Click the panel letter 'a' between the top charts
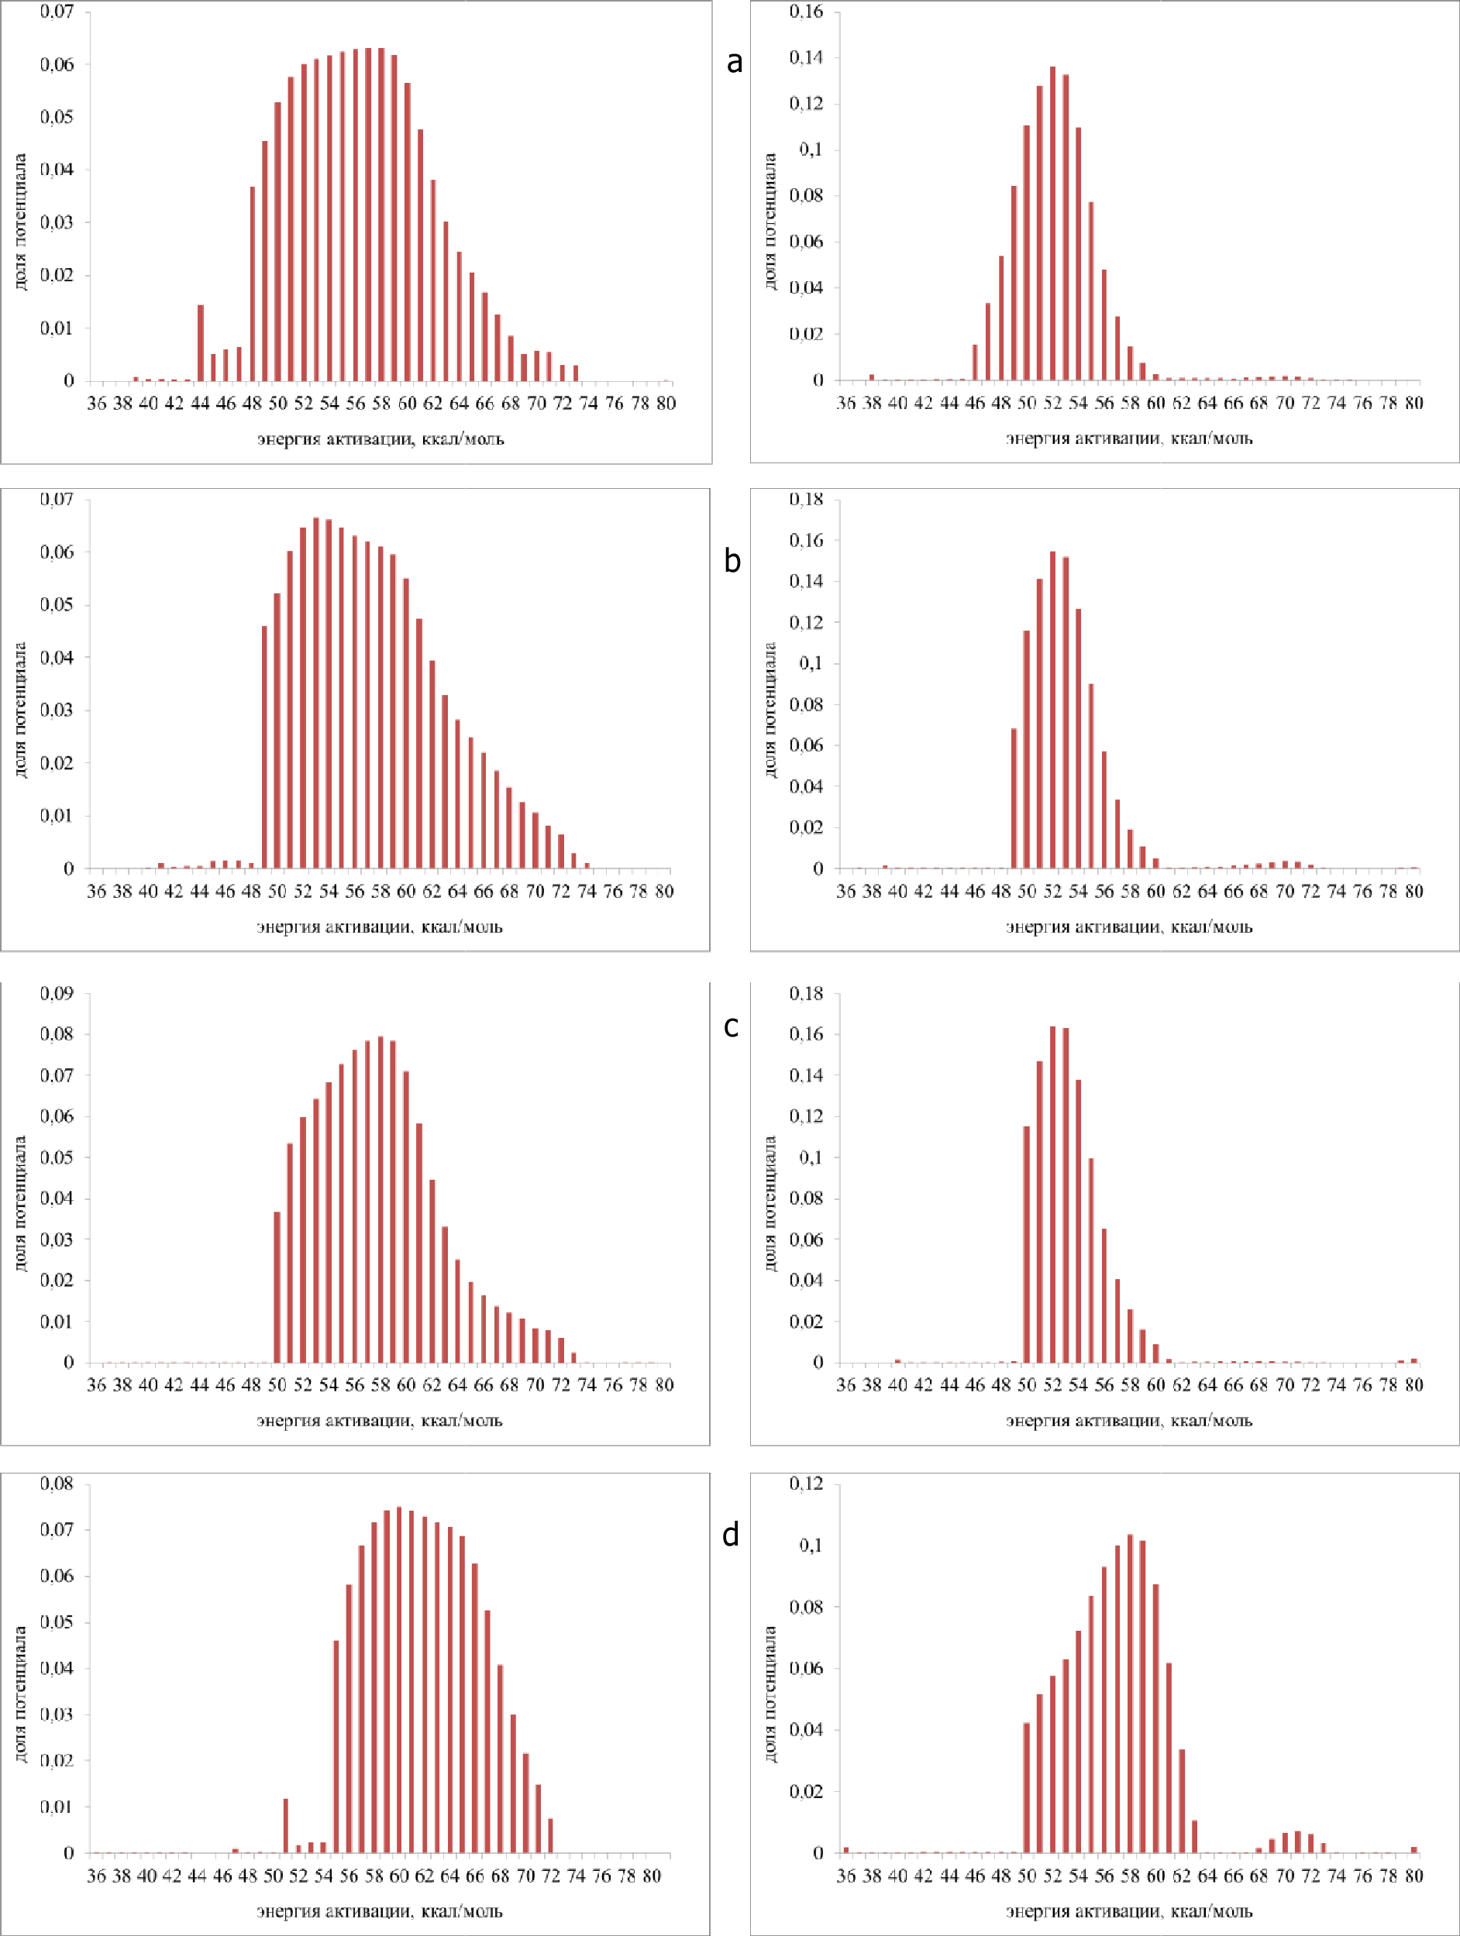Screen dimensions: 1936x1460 735,61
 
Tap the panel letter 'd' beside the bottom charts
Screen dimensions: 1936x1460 731,1534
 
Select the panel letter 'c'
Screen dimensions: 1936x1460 732,1026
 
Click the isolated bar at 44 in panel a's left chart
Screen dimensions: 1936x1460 201,343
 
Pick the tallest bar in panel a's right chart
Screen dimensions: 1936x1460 1052,223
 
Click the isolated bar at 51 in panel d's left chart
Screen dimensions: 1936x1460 285,1826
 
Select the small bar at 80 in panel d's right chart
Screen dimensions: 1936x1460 1414,1849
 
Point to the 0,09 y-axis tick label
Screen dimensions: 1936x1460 57,993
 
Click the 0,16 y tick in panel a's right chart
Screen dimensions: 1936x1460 806,12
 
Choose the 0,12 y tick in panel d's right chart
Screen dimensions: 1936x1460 806,1484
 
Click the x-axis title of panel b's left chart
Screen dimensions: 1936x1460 380,927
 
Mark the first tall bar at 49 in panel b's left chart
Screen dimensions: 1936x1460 264,747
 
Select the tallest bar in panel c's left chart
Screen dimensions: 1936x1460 380,1200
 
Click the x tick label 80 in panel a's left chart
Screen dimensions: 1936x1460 666,404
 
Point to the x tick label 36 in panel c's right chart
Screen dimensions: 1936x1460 845,1385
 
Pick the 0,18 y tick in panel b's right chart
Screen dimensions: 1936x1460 806,500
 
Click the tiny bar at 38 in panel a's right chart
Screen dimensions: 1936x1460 872,377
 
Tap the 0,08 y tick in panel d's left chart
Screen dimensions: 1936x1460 57,1484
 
